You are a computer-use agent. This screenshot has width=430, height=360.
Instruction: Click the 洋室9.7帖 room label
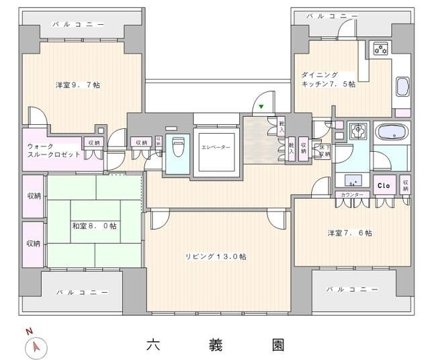pyautogui.click(x=78, y=85)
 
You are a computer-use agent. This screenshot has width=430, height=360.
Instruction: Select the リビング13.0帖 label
pyautogui.click(x=216, y=256)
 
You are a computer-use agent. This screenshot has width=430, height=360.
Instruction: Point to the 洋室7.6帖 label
pyautogui.click(x=349, y=233)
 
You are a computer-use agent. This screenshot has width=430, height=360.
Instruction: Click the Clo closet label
pyautogui.click(x=384, y=185)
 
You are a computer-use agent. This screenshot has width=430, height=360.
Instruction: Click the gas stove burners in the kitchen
pyautogui.click(x=381, y=48)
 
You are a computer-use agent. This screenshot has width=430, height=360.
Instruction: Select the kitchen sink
pyautogui.click(x=401, y=87)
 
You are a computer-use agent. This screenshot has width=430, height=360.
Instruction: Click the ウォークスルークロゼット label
pyautogui.click(x=54, y=150)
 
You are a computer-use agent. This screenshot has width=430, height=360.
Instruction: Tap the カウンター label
pyautogui.click(x=352, y=195)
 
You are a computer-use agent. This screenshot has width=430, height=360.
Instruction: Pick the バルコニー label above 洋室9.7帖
pyautogui.click(x=80, y=24)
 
